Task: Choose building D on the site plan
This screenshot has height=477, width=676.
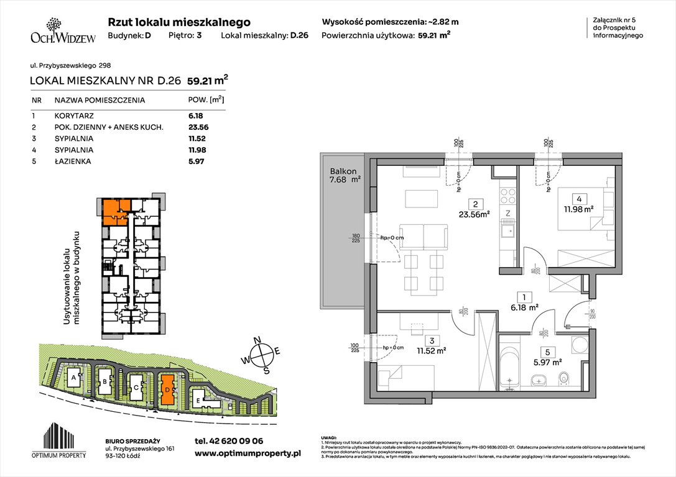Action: pyautogui.click(x=167, y=388)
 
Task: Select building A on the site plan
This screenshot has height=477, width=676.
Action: pyautogui.click(x=74, y=378)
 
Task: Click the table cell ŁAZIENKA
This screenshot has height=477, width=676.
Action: pyautogui.click(x=73, y=161)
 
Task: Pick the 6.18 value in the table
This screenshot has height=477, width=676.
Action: pyautogui.click(x=196, y=116)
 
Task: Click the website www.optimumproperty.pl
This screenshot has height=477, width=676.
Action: pyautogui.click(x=248, y=453)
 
